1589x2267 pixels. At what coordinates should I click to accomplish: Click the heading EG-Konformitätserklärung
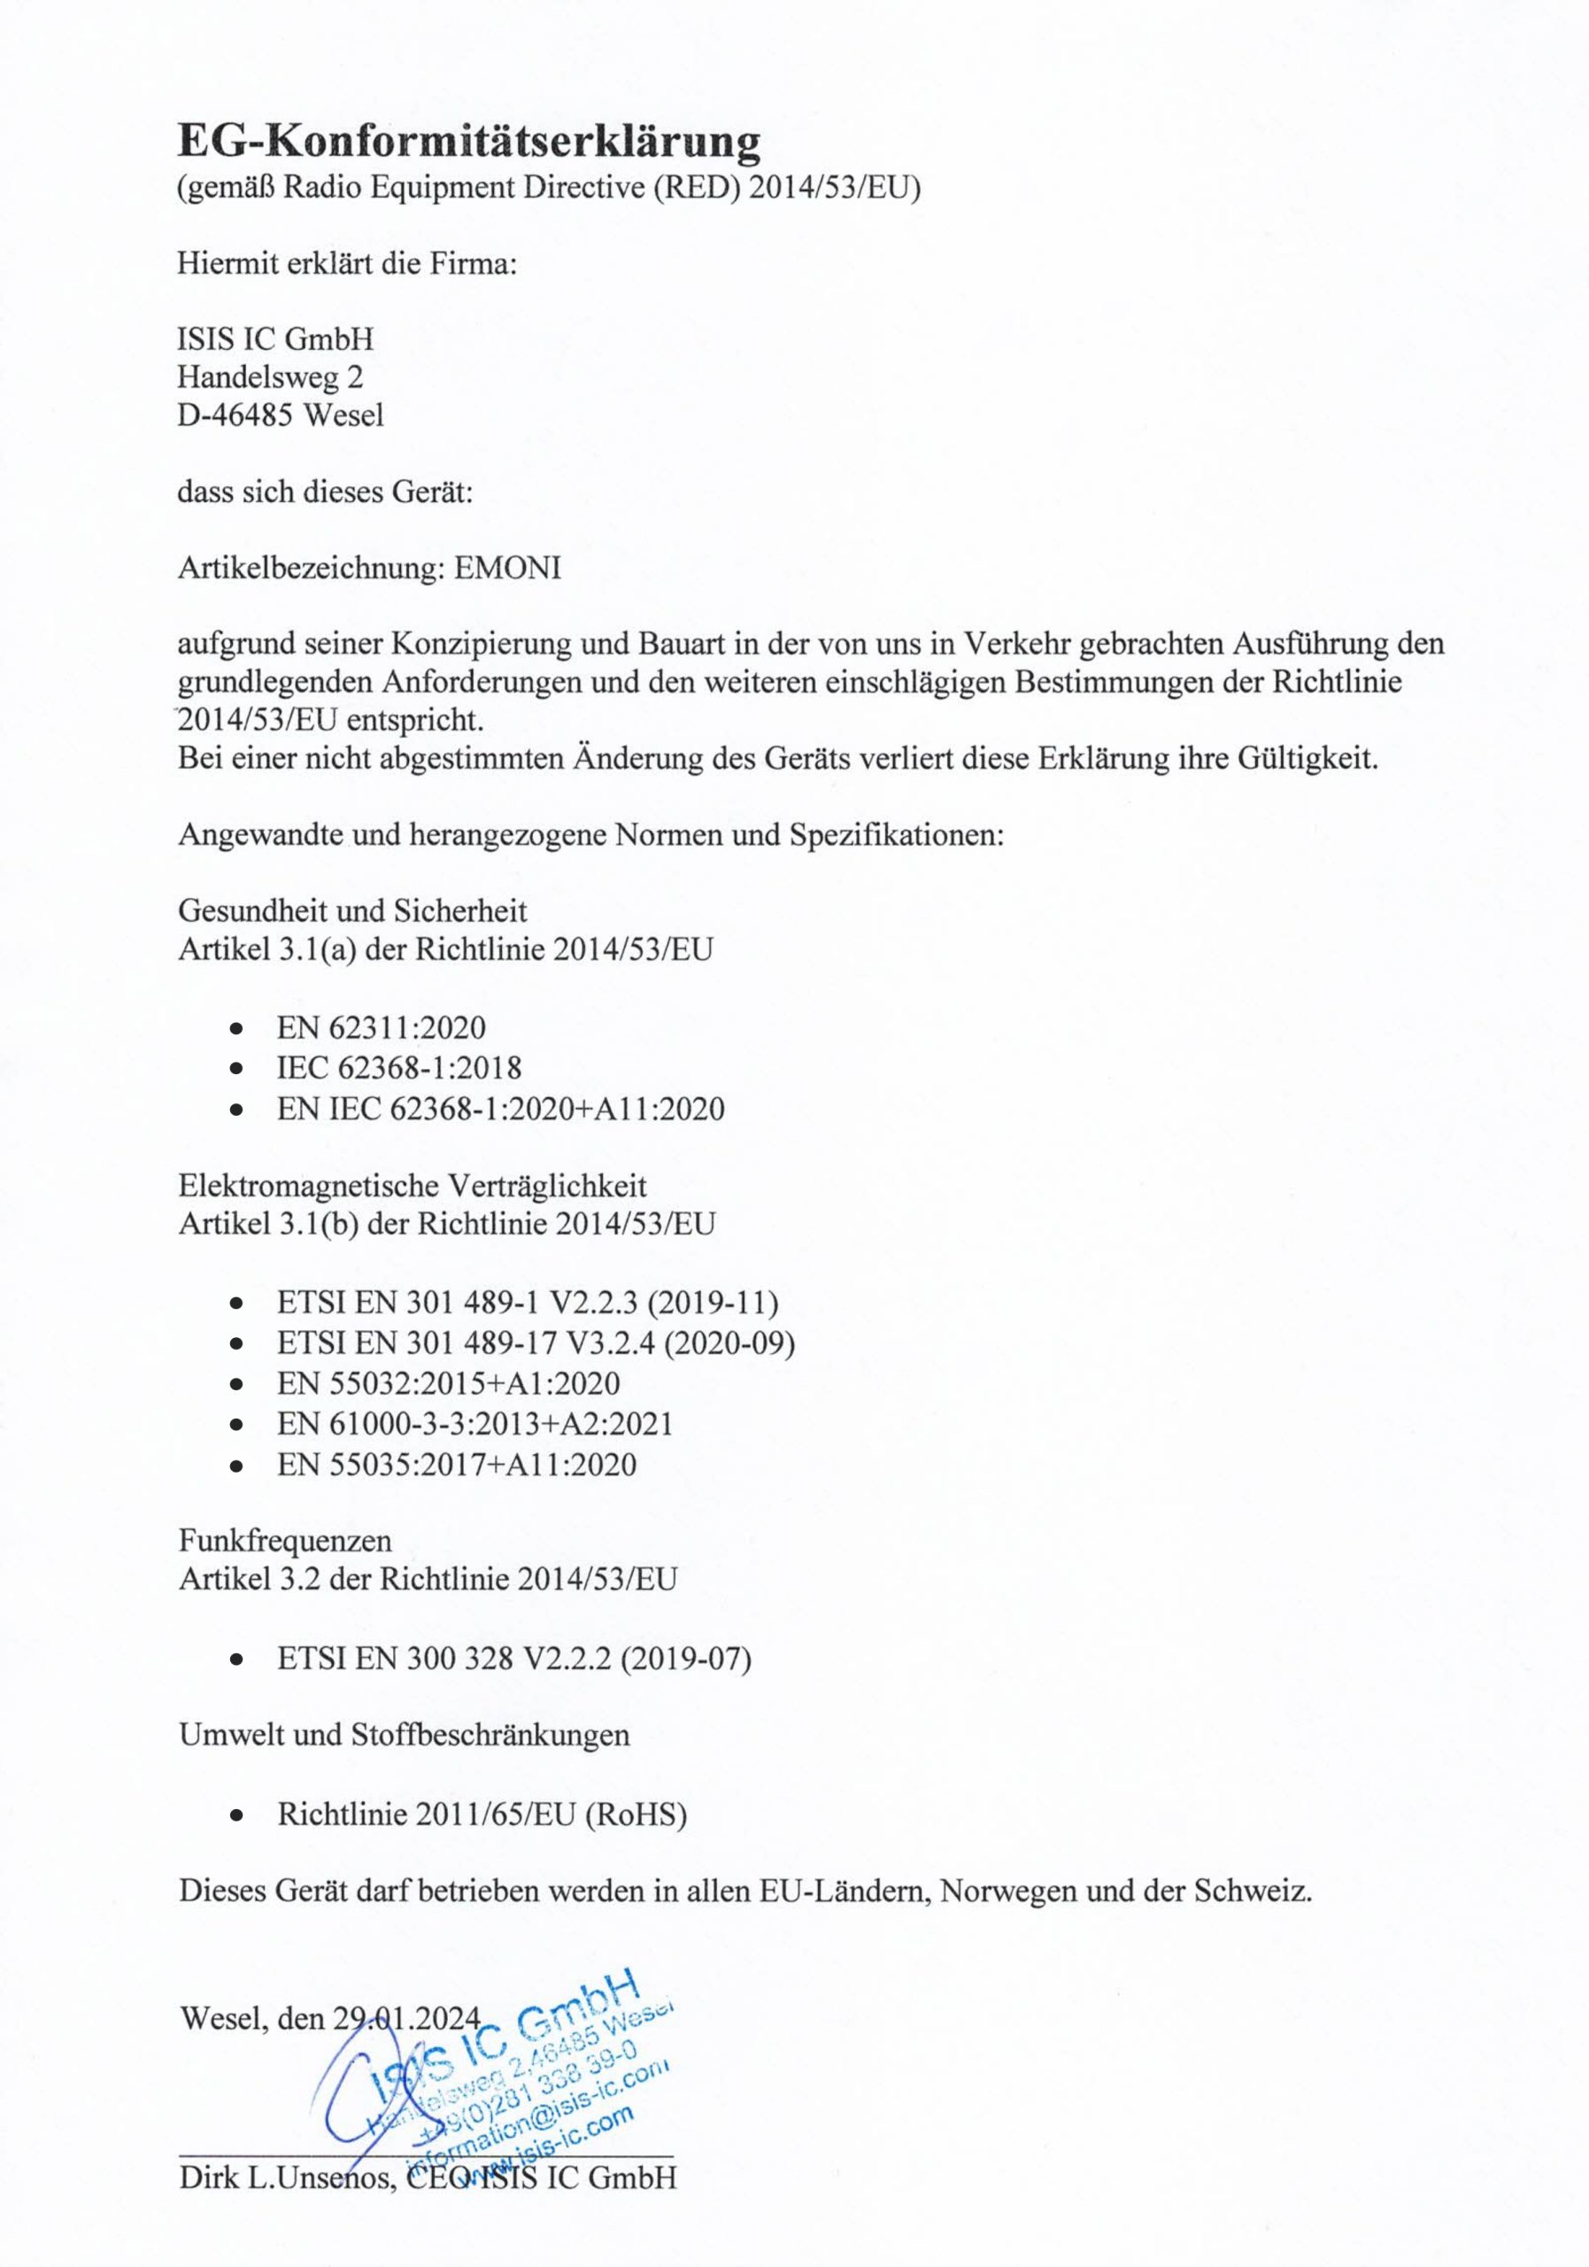click(469, 141)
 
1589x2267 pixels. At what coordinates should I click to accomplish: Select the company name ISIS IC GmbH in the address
click(275, 340)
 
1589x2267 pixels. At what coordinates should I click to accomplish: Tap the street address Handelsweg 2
click(269, 377)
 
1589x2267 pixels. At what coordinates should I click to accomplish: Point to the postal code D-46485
click(235, 414)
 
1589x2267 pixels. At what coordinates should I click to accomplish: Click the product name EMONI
click(507, 569)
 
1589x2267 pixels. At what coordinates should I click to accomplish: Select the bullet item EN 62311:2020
click(381, 1028)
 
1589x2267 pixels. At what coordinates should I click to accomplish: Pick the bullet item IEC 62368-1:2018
click(398, 1067)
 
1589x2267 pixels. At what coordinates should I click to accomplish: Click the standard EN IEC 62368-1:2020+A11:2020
click(500, 1109)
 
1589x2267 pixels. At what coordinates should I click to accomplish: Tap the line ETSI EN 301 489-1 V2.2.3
click(527, 1304)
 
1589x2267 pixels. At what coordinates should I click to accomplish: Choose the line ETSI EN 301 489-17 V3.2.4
click(536, 1342)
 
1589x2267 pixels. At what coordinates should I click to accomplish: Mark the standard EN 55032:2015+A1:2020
click(448, 1383)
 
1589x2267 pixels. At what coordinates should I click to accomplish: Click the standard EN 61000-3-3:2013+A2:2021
click(474, 1424)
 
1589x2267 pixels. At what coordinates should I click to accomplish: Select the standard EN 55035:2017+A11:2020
click(457, 1465)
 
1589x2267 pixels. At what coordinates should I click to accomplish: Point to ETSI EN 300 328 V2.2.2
click(514, 1659)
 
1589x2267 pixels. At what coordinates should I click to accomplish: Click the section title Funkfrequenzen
click(285, 1540)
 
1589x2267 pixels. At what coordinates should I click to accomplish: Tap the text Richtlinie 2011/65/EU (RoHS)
click(482, 1814)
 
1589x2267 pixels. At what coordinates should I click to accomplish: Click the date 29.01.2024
click(406, 2017)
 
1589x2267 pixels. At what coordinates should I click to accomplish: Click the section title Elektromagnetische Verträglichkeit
click(413, 1185)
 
